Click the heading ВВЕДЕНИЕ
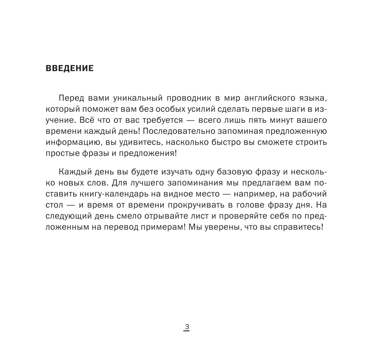[x=69, y=68]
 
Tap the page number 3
[x=187, y=327]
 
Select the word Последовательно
[x=176, y=132]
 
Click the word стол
[x=54, y=206]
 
